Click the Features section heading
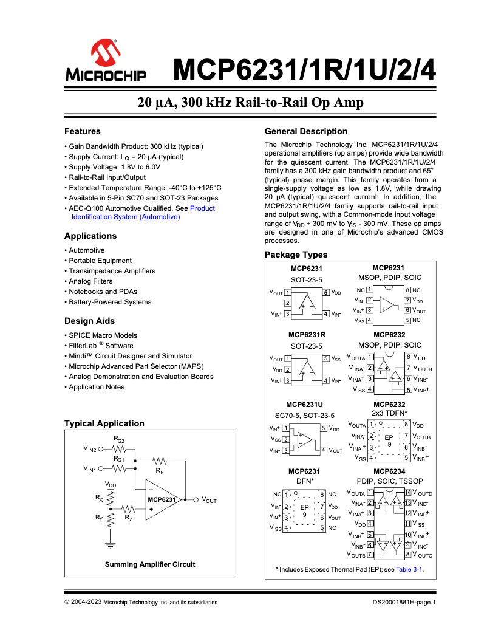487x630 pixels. (x=83, y=131)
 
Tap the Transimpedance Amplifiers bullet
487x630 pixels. (x=112, y=271)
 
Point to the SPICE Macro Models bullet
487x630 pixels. (x=103, y=335)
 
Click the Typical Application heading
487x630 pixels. (x=104, y=423)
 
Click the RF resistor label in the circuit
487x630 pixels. (x=159, y=471)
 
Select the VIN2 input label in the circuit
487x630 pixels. (x=90, y=450)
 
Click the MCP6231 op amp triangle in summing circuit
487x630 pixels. (x=161, y=499)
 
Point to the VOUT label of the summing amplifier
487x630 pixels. (x=209, y=500)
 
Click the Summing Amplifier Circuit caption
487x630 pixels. (x=150, y=564)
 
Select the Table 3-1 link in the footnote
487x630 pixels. (x=409, y=569)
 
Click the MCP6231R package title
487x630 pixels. (x=307, y=335)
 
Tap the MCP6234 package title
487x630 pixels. (x=389, y=471)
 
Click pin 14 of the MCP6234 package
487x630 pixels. (x=408, y=492)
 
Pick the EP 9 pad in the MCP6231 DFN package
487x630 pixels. (x=305, y=510)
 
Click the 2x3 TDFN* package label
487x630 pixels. (x=389, y=413)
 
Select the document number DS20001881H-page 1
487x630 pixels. (x=404, y=603)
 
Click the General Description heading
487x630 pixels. (x=306, y=131)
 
